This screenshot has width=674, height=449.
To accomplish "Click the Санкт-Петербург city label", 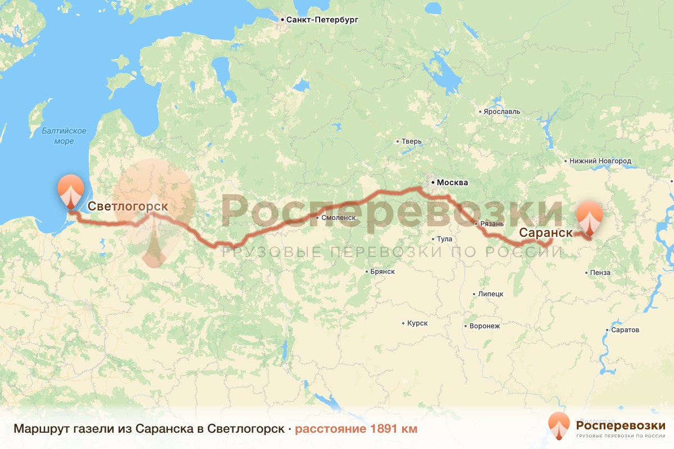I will point(322,20).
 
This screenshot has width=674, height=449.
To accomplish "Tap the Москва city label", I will point(452,182).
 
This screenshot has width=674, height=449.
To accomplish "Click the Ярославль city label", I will point(502,112).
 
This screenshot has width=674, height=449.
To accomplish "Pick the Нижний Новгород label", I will point(600,161).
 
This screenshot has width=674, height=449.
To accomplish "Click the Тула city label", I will point(444,239).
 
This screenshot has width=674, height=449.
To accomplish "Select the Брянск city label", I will point(382,271).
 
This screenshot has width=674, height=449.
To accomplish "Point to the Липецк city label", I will point(491,294).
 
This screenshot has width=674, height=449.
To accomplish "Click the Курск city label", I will point(417,323).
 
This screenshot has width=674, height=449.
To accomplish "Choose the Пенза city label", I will point(600,273).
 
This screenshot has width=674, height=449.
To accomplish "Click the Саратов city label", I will point(627,330).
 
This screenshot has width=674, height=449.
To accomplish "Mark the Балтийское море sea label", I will point(64,136).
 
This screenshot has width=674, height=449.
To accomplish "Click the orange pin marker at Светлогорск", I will point(70,191).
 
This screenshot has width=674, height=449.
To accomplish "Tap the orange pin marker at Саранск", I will point(590,217).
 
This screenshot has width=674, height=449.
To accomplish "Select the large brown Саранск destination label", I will point(545,232).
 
